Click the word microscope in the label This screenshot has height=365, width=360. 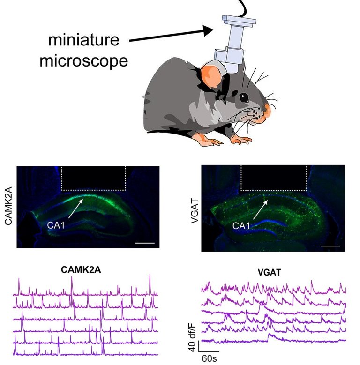pyautogui.click(x=83, y=61)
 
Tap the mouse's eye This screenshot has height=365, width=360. pyautogui.click(x=244, y=97)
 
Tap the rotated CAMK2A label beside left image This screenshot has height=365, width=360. pyautogui.click(x=7, y=207)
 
